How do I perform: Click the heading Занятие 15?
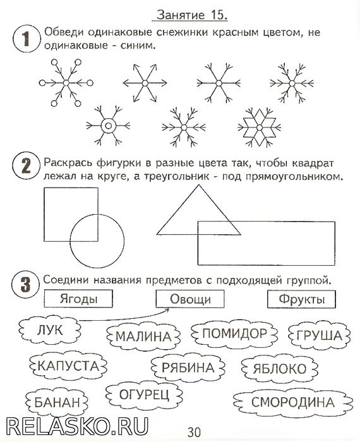point(192,15)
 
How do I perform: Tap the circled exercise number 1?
point(26,39)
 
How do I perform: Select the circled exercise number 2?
point(26,165)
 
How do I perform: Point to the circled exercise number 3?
point(25,284)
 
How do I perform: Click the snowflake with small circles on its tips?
point(66,83)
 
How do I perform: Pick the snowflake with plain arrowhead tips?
point(145,83)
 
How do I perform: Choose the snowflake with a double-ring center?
point(108,126)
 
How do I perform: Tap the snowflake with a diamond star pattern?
point(260,128)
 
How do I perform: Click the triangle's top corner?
point(199,185)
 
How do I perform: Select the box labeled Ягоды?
point(78,299)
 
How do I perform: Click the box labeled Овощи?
point(190,299)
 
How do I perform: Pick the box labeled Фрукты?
point(301,299)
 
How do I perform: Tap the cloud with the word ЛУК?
point(50,330)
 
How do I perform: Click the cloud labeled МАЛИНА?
point(143,337)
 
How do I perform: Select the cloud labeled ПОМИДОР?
point(234,333)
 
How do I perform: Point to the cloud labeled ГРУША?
point(320,335)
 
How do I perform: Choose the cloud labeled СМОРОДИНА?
point(293,402)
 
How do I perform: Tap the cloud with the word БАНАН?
point(57,402)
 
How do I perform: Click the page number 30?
point(195,432)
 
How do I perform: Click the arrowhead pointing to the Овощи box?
point(167,311)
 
